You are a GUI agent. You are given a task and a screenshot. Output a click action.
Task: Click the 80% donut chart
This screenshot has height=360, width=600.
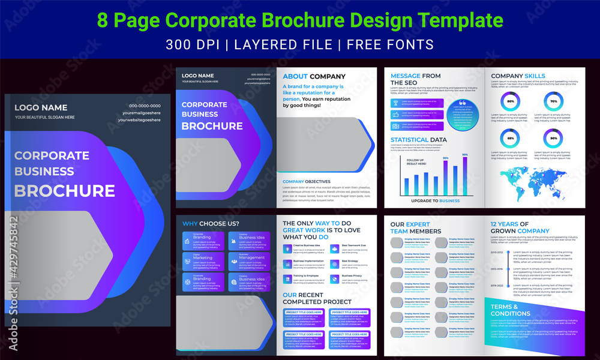pyautogui.click(x=511, y=102)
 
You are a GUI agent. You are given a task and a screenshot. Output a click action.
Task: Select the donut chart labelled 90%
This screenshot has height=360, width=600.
pyautogui.click(x=553, y=139)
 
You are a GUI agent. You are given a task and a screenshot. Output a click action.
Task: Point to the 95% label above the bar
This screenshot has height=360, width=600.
pyautogui.click(x=446, y=158)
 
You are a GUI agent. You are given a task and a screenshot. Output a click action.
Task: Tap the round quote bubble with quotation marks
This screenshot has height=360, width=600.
pyautogui.click(x=461, y=114)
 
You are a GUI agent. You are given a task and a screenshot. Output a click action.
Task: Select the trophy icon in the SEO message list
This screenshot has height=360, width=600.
pyautogui.click(x=395, y=102)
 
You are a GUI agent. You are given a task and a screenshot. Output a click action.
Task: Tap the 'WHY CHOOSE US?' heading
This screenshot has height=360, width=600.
pyautogui.click(x=211, y=224)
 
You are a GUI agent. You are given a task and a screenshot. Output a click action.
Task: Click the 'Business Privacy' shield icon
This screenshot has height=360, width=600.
pyautogui.click(x=334, y=277)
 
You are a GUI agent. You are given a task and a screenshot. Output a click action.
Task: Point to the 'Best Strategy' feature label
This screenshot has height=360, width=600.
pyautogui.click(x=350, y=261)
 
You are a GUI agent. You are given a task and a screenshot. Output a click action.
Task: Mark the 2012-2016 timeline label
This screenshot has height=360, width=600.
pyautogui.click(x=497, y=270)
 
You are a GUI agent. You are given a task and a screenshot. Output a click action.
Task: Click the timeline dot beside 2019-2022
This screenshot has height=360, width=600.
pyautogui.click(x=508, y=286)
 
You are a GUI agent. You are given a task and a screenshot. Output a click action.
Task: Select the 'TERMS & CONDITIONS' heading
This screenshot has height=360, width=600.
pyautogui.click(x=510, y=310)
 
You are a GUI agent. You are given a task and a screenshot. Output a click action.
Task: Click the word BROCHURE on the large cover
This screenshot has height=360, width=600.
pyautogui.click(x=65, y=191)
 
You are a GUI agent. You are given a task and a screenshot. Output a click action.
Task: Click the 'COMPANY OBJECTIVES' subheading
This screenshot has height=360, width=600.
pyautogui.click(x=306, y=181)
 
